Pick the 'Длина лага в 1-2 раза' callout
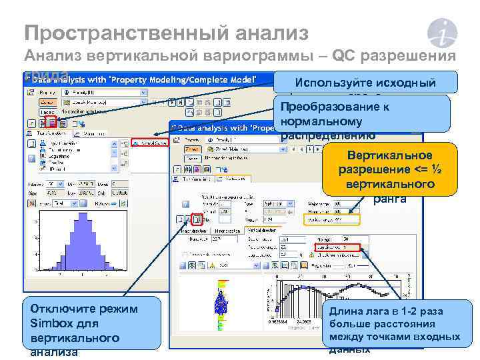(x=394, y=326)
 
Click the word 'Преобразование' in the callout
(x=326, y=107)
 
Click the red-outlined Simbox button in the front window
(x=197, y=218)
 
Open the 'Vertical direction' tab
(x=261, y=229)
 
